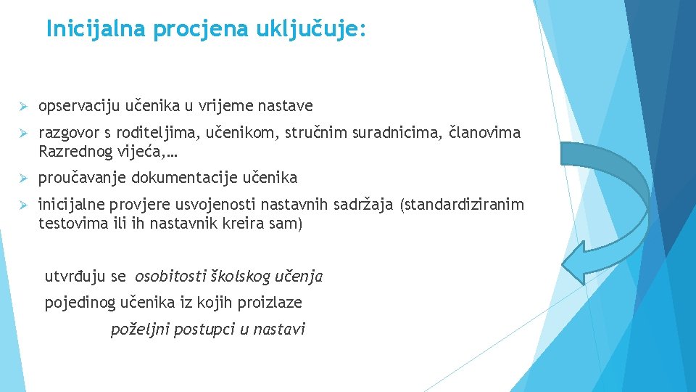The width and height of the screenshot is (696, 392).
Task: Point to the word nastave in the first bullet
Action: [x=287, y=107]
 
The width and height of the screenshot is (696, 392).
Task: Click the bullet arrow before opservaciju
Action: [x=23, y=107]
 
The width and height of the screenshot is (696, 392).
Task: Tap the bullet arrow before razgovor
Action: [x=23, y=134]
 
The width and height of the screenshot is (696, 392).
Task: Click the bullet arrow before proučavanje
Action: [x=23, y=179]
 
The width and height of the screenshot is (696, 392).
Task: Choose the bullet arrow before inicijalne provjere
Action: [x=23, y=205]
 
